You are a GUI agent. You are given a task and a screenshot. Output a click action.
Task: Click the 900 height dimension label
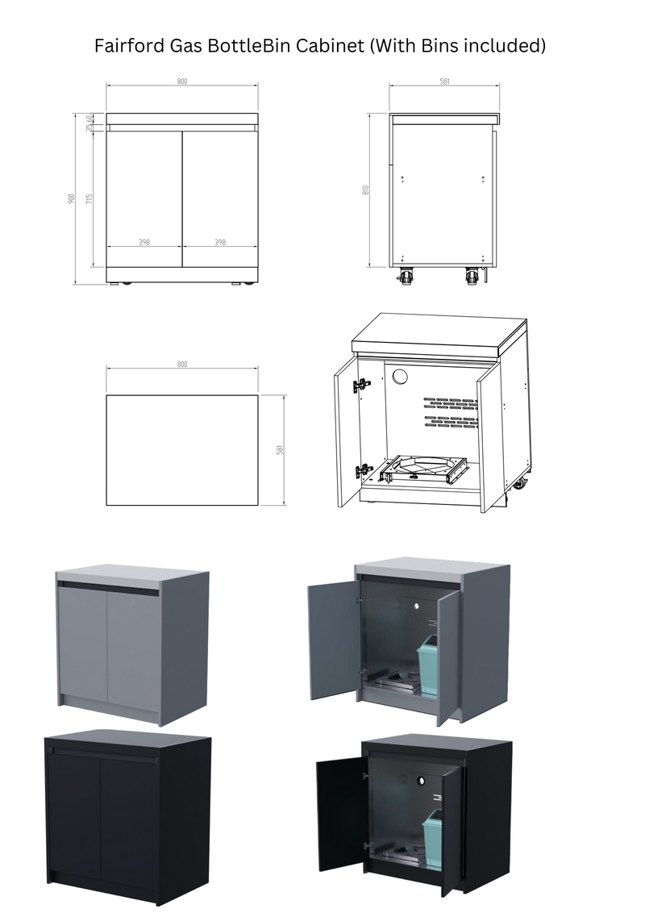[x=72, y=198]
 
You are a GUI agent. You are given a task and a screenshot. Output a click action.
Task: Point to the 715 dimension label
[x=90, y=198]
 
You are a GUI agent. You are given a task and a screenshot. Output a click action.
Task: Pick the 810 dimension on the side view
[x=366, y=190]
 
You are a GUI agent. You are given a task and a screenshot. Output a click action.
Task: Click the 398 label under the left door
[x=144, y=242]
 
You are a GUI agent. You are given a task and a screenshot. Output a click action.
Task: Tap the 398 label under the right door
[x=220, y=242]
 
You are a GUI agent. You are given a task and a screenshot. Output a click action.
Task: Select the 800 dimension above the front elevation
[x=182, y=82]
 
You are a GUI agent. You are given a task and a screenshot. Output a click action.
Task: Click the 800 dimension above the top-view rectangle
[x=182, y=365]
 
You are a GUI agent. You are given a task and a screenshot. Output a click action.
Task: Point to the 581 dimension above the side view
[x=444, y=82]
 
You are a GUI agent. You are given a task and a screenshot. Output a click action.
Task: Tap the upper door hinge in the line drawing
[x=362, y=386]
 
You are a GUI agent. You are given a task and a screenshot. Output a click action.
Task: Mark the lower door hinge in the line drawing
[x=364, y=469]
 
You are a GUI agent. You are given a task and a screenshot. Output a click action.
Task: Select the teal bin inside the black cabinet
[x=432, y=839]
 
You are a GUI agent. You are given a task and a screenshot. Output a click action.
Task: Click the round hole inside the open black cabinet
[x=421, y=782]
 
